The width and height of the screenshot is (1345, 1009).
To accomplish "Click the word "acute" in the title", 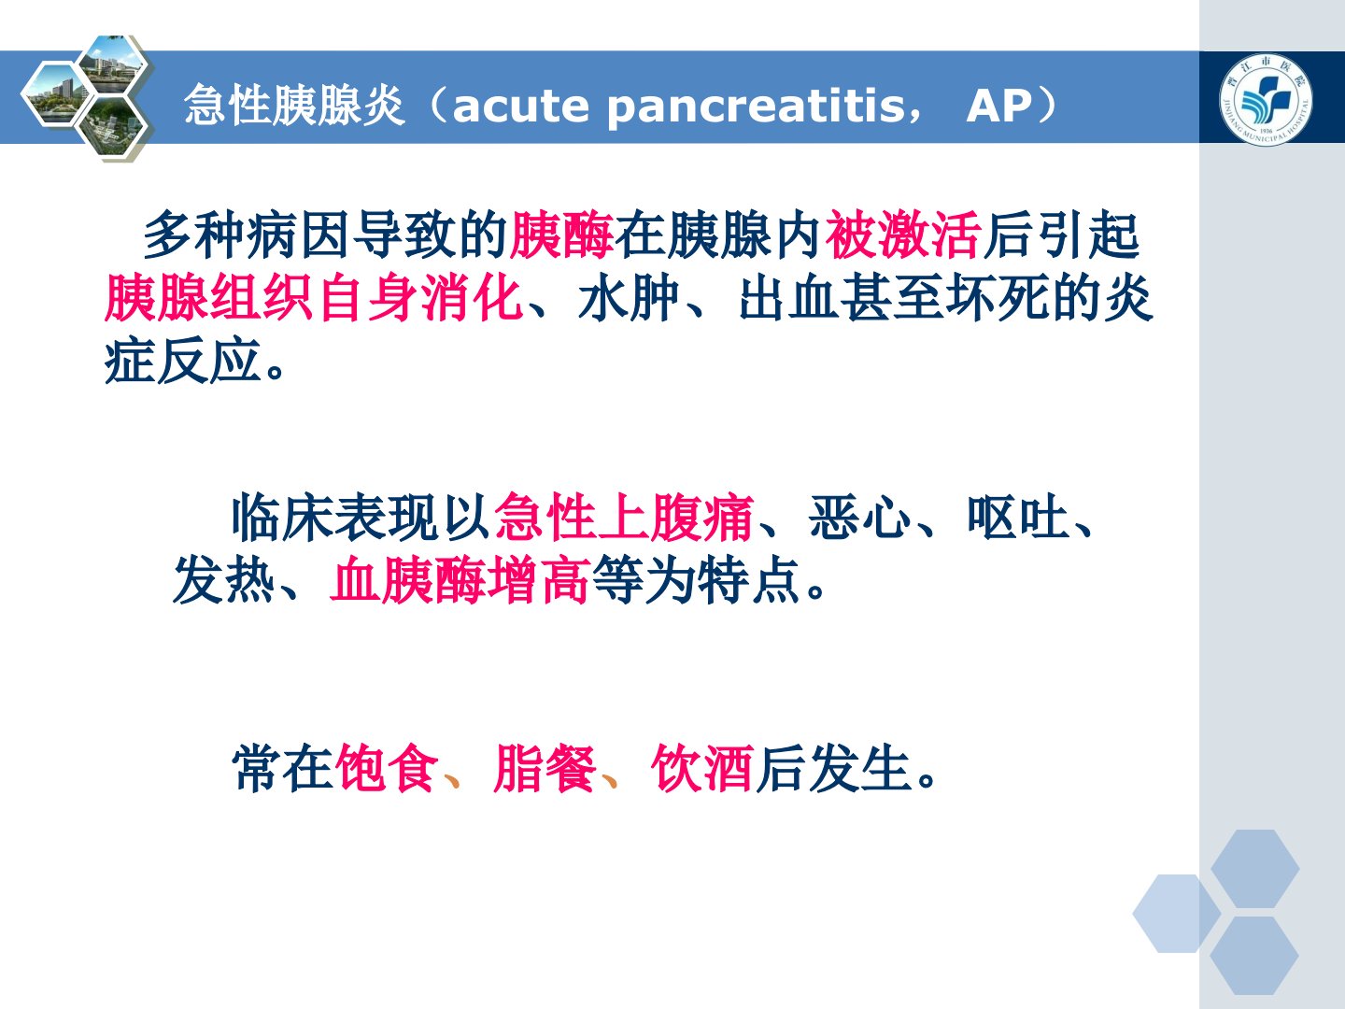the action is [x=521, y=106].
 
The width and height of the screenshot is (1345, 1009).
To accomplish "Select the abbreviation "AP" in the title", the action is [x=998, y=106].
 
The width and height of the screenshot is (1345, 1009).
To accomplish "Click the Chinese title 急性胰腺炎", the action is [x=295, y=106].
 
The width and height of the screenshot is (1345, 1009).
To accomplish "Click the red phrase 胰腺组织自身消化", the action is [x=314, y=298].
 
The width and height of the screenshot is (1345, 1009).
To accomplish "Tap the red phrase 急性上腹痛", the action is [x=623, y=519].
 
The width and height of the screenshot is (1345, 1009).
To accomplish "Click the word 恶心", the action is [x=859, y=519].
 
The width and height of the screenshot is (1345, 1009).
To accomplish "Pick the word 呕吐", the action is [x=1018, y=519].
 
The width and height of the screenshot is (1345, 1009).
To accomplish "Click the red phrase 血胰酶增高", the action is [x=460, y=580].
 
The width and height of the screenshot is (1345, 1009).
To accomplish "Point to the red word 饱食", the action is [x=387, y=768].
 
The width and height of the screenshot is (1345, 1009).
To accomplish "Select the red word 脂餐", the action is [x=545, y=768].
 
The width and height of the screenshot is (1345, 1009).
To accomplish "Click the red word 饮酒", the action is [x=701, y=768].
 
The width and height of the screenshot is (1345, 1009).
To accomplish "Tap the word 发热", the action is [x=223, y=580].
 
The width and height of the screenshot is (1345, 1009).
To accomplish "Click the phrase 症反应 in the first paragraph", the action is [x=182, y=361].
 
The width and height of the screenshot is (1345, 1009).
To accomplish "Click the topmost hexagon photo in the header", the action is [x=114, y=64].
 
